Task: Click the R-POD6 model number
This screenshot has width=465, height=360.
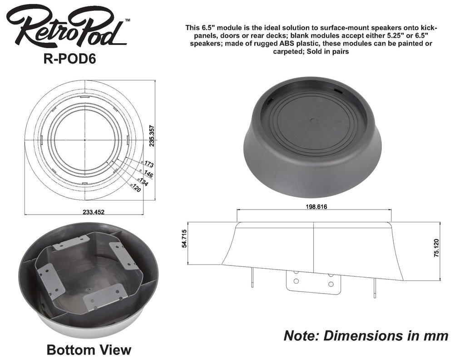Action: point(69,60)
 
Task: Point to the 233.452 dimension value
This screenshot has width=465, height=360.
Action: point(84,212)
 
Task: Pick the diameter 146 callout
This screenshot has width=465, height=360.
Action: point(147,173)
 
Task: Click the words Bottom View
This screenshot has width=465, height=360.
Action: point(89,350)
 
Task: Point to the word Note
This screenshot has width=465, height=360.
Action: point(301,335)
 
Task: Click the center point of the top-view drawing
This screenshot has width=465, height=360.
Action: point(85,140)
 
